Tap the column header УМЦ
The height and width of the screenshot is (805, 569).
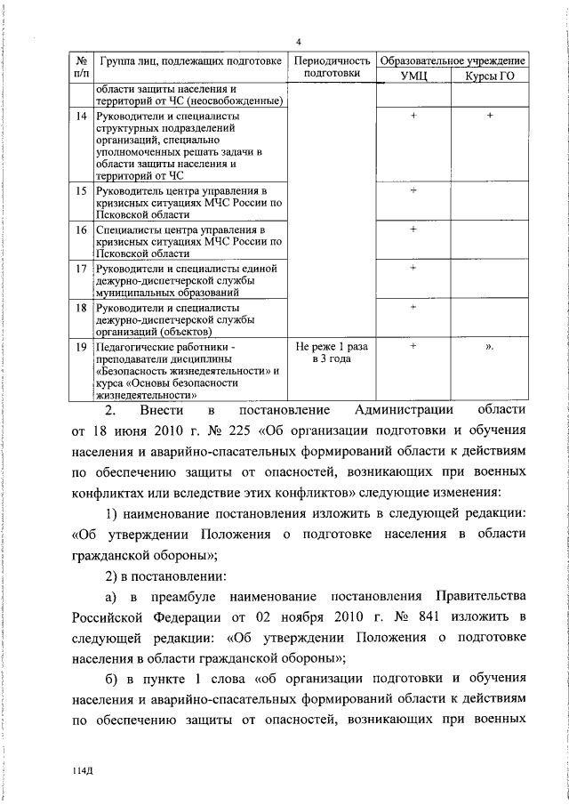pos(414,78)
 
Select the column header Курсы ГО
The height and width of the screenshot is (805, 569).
pos(490,78)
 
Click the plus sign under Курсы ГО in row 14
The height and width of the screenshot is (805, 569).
pos(490,117)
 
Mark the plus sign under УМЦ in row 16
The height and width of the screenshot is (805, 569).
pos(413,229)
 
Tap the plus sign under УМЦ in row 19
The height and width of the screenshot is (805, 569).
pos(413,346)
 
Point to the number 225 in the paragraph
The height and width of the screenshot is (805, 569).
pos(231,434)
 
